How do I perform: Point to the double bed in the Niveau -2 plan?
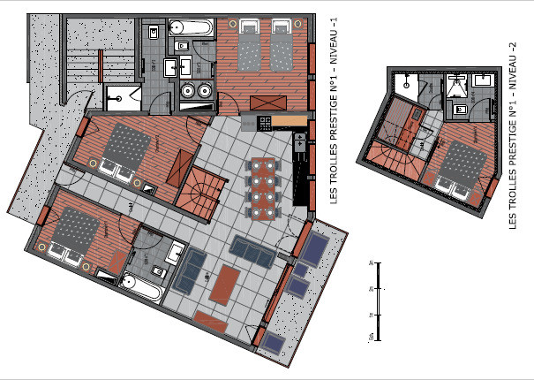[x=461, y=169]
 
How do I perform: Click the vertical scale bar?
[x=377, y=300]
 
